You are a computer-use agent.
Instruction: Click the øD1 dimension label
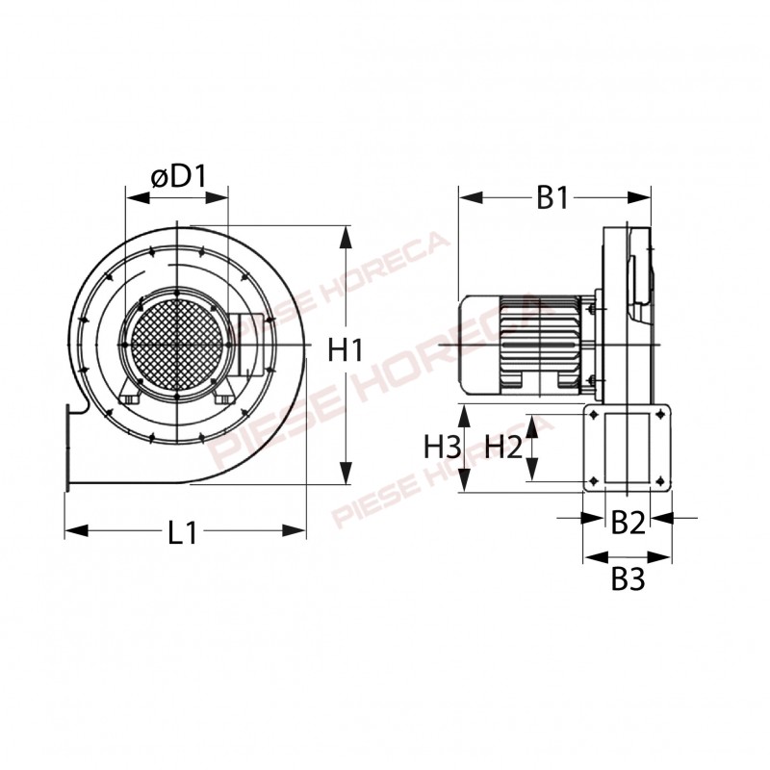pyautogui.click(x=179, y=177)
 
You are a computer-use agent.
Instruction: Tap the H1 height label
pyautogui.click(x=346, y=350)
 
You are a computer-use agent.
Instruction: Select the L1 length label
pyautogui.click(x=182, y=532)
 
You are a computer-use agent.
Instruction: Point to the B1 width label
pyautogui.click(x=552, y=197)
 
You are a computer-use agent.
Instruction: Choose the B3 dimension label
pyautogui.click(x=628, y=579)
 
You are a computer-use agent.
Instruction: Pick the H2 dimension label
pyautogui.click(x=503, y=447)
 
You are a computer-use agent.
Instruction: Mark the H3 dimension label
pyautogui.click(x=443, y=447)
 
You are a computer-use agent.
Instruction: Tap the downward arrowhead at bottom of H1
pyautogui.click(x=346, y=472)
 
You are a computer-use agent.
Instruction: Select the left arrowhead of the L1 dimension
pyautogui.click(x=77, y=531)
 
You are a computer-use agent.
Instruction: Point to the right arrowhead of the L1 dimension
pyautogui.click(x=294, y=531)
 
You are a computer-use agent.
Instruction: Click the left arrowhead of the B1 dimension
pyautogui.click(x=471, y=198)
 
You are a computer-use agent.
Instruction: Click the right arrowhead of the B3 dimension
pyautogui.click(x=659, y=557)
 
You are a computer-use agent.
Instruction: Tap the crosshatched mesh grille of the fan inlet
pyautogui.click(x=177, y=345)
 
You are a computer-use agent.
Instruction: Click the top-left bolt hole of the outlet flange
pyautogui.click(x=594, y=415)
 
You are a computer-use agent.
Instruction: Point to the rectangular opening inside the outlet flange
pyautogui.click(x=628, y=448)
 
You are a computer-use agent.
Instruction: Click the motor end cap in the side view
pyautogui.click(x=478, y=345)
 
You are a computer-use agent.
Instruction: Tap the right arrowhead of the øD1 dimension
pyautogui.click(x=217, y=198)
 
